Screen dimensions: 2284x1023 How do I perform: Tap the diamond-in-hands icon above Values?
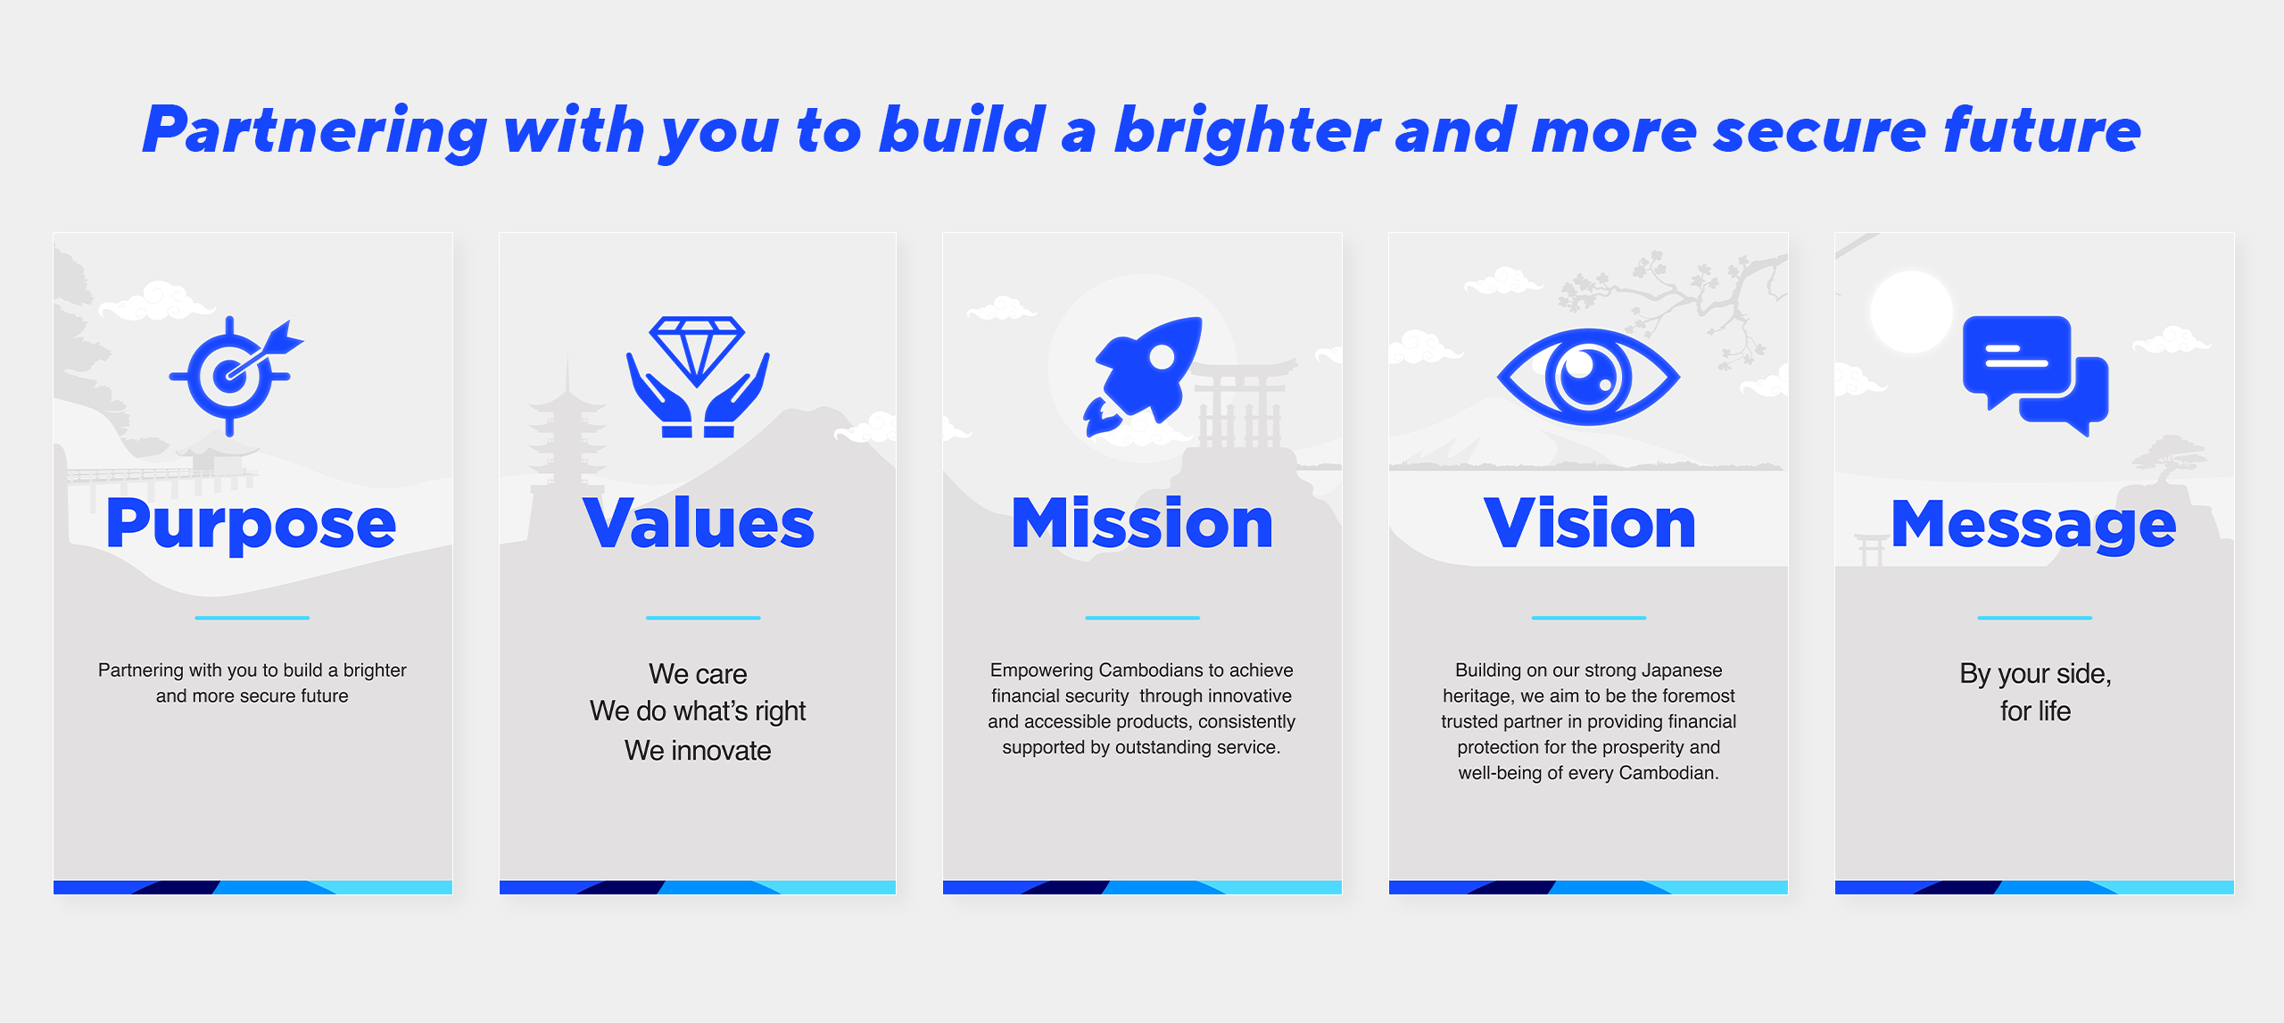[698, 376]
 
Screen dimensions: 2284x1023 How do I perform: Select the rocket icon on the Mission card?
[1143, 376]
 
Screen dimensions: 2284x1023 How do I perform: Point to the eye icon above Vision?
[1588, 377]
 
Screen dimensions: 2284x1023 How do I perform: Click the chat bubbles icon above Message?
[2035, 376]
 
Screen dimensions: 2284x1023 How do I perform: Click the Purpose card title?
[252, 524]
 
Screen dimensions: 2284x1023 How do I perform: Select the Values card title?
[699, 523]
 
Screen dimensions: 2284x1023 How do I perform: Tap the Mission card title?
[1142, 523]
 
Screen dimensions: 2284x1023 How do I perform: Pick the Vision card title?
[1589, 523]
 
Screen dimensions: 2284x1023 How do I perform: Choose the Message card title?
[2034, 525]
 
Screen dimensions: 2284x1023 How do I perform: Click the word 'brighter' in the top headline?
[1247, 130]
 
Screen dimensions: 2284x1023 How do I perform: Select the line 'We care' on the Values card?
[698, 674]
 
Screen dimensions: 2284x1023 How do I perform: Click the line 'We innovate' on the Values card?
[698, 751]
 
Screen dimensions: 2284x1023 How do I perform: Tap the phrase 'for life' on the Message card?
[2035, 711]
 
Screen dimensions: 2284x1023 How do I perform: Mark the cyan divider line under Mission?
[1142, 618]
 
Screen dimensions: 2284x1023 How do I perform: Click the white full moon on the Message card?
[1911, 312]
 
